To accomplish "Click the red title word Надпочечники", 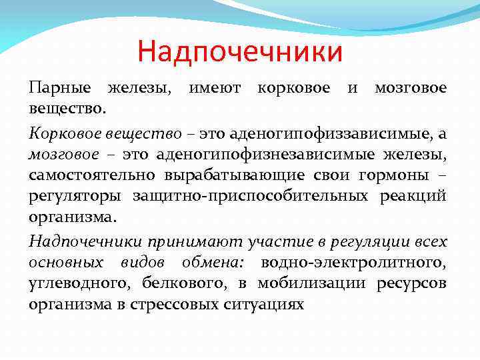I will (240, 52).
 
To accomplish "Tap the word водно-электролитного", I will (354, 263).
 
